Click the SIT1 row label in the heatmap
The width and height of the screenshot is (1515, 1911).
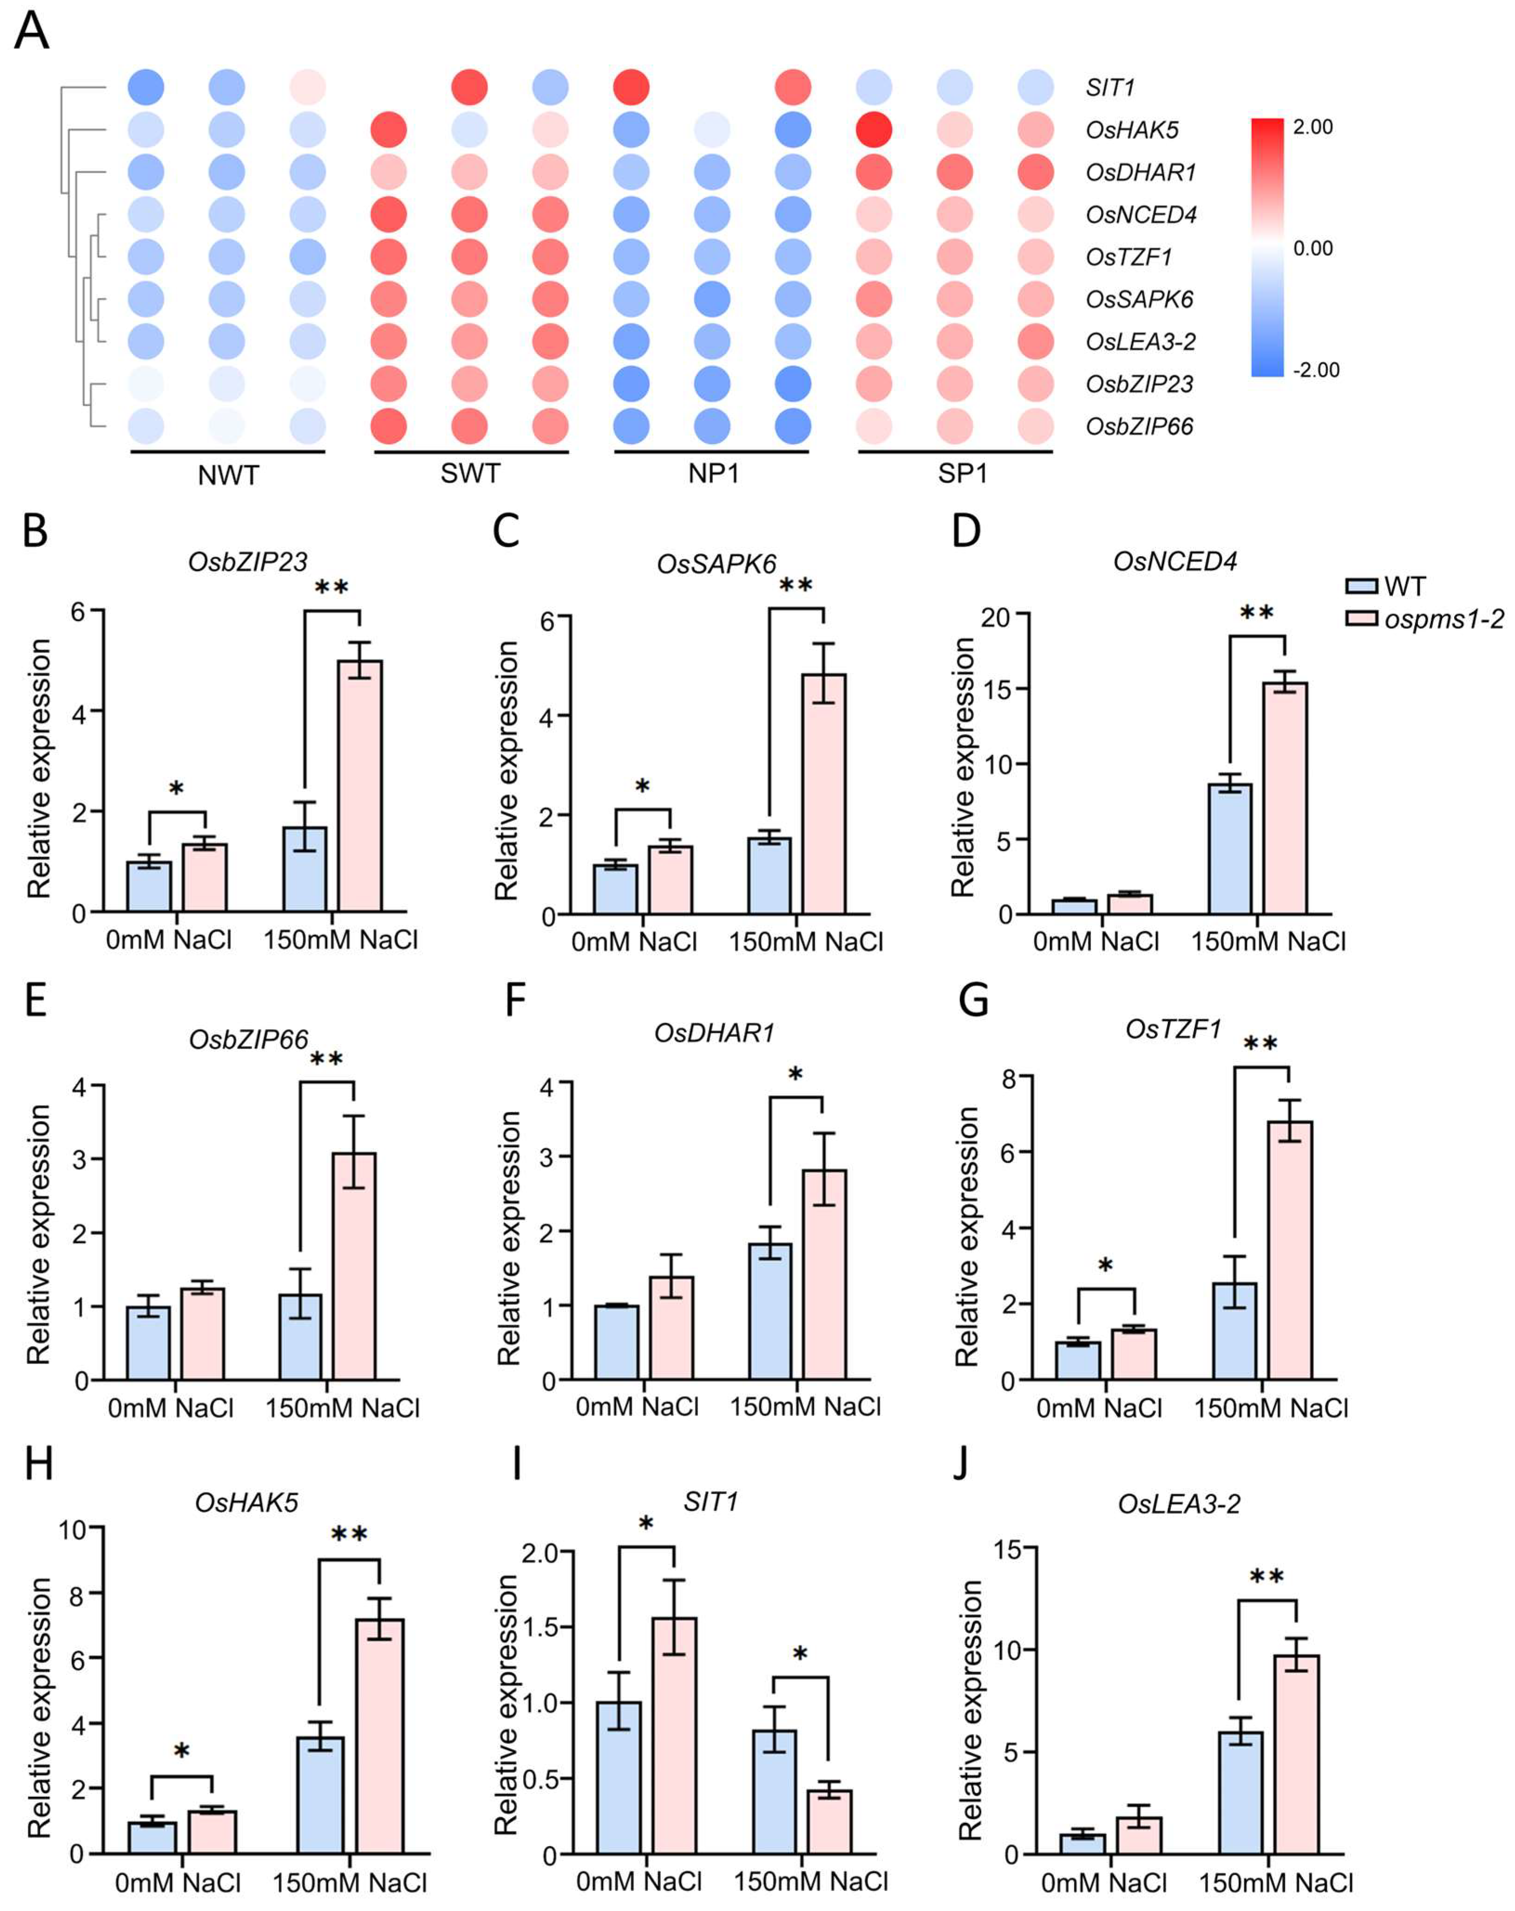[1110, 88]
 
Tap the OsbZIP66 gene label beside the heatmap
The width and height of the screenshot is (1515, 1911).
[1139, 426]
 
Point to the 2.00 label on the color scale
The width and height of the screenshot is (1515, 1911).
[1312, 127]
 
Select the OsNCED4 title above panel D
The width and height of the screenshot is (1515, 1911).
[1175, 561]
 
